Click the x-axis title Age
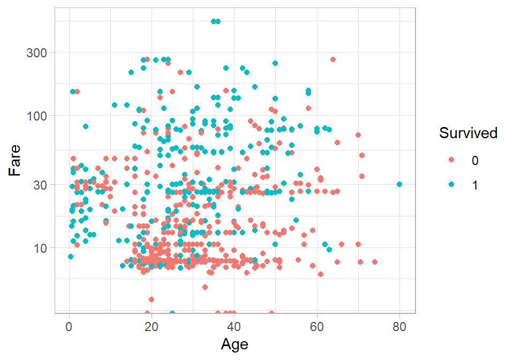(x=235, y=343)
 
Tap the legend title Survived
(x=468, y=133)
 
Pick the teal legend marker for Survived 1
(x=451, y=184)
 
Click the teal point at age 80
(x=399, y=184)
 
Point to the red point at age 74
(x=375, y=262)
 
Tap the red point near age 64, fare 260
(x=333, y=59)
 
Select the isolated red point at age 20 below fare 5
(x=152, y=299)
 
